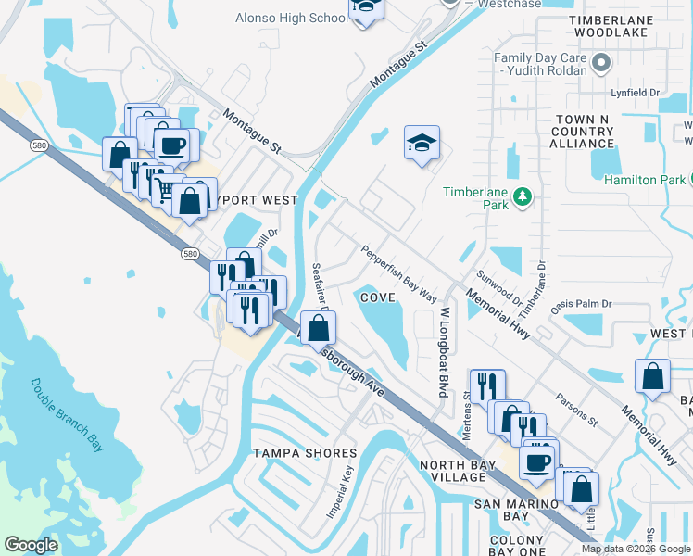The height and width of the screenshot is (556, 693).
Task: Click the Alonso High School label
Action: tap(279, 18)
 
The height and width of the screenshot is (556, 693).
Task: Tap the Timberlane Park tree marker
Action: tap(523, 196)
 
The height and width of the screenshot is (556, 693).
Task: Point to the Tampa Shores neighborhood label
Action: tap(305, 453)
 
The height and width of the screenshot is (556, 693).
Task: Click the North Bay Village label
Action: tap(452, 471)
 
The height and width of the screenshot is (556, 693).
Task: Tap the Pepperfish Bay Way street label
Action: tap(398, 272)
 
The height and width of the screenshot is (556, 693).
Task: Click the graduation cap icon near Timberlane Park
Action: tap(422, 144)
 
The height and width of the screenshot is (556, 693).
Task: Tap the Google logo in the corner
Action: tap(31, 545)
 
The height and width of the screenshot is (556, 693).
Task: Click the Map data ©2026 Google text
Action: tap(636, 549)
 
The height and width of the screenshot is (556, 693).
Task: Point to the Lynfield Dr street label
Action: tap(635, 93)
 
